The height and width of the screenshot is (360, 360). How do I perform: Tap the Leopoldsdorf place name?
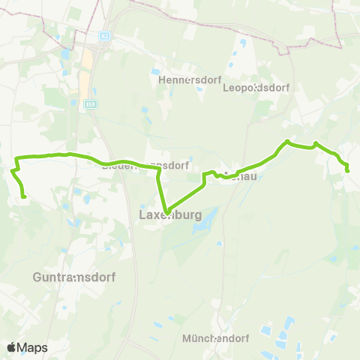pyautogui.click(x=256, y=87)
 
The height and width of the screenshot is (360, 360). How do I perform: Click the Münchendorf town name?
pyautogui.click(x=214, y=338)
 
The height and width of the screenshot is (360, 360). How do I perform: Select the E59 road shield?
pyautogui.click(x=90, y=103)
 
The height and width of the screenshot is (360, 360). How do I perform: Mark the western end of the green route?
pyautogui.click(x=25, y=196)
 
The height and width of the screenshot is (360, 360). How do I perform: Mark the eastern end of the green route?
pyautogui.click(x=348, y=171)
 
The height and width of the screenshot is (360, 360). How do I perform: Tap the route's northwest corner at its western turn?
pyautogui.click(x=17, y=157)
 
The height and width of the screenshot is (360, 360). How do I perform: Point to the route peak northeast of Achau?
pyautogui.click(x=287, y=141)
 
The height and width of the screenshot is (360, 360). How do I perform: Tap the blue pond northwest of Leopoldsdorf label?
pyautogui.click(x=241, y=43)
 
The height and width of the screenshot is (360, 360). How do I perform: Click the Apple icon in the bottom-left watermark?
pyautogui.click(x=11, y=348)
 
